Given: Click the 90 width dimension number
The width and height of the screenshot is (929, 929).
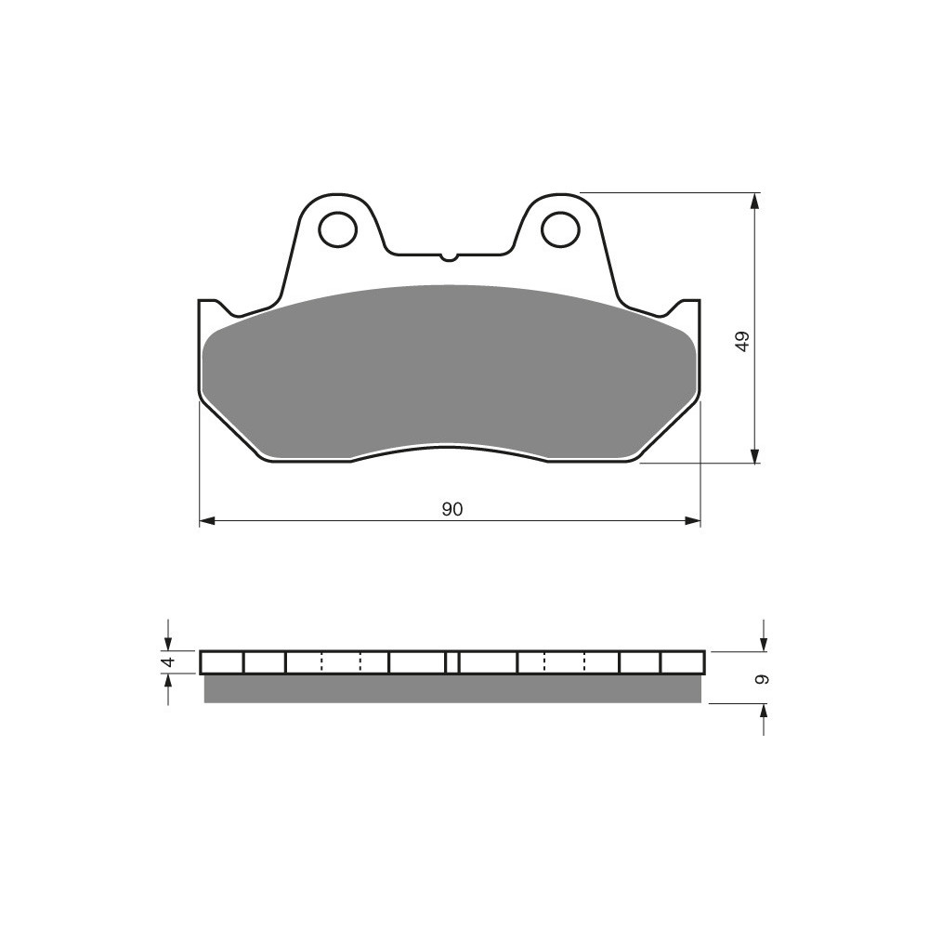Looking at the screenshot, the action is coord(451,509).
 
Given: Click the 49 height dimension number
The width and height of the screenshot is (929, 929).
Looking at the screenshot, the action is coord(742,341).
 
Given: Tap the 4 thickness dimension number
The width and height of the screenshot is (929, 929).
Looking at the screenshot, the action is coord(168,661).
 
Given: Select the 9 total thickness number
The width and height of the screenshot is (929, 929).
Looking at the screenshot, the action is coord(763,679).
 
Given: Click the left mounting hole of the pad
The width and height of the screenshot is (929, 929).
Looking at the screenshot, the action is coord(338,229).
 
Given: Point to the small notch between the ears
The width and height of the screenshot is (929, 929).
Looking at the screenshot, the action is coord(449,256).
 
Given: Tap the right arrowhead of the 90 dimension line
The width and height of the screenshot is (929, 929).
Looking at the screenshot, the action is coord(693,521).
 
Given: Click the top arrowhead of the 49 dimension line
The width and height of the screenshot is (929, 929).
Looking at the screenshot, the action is coord(753,202).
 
